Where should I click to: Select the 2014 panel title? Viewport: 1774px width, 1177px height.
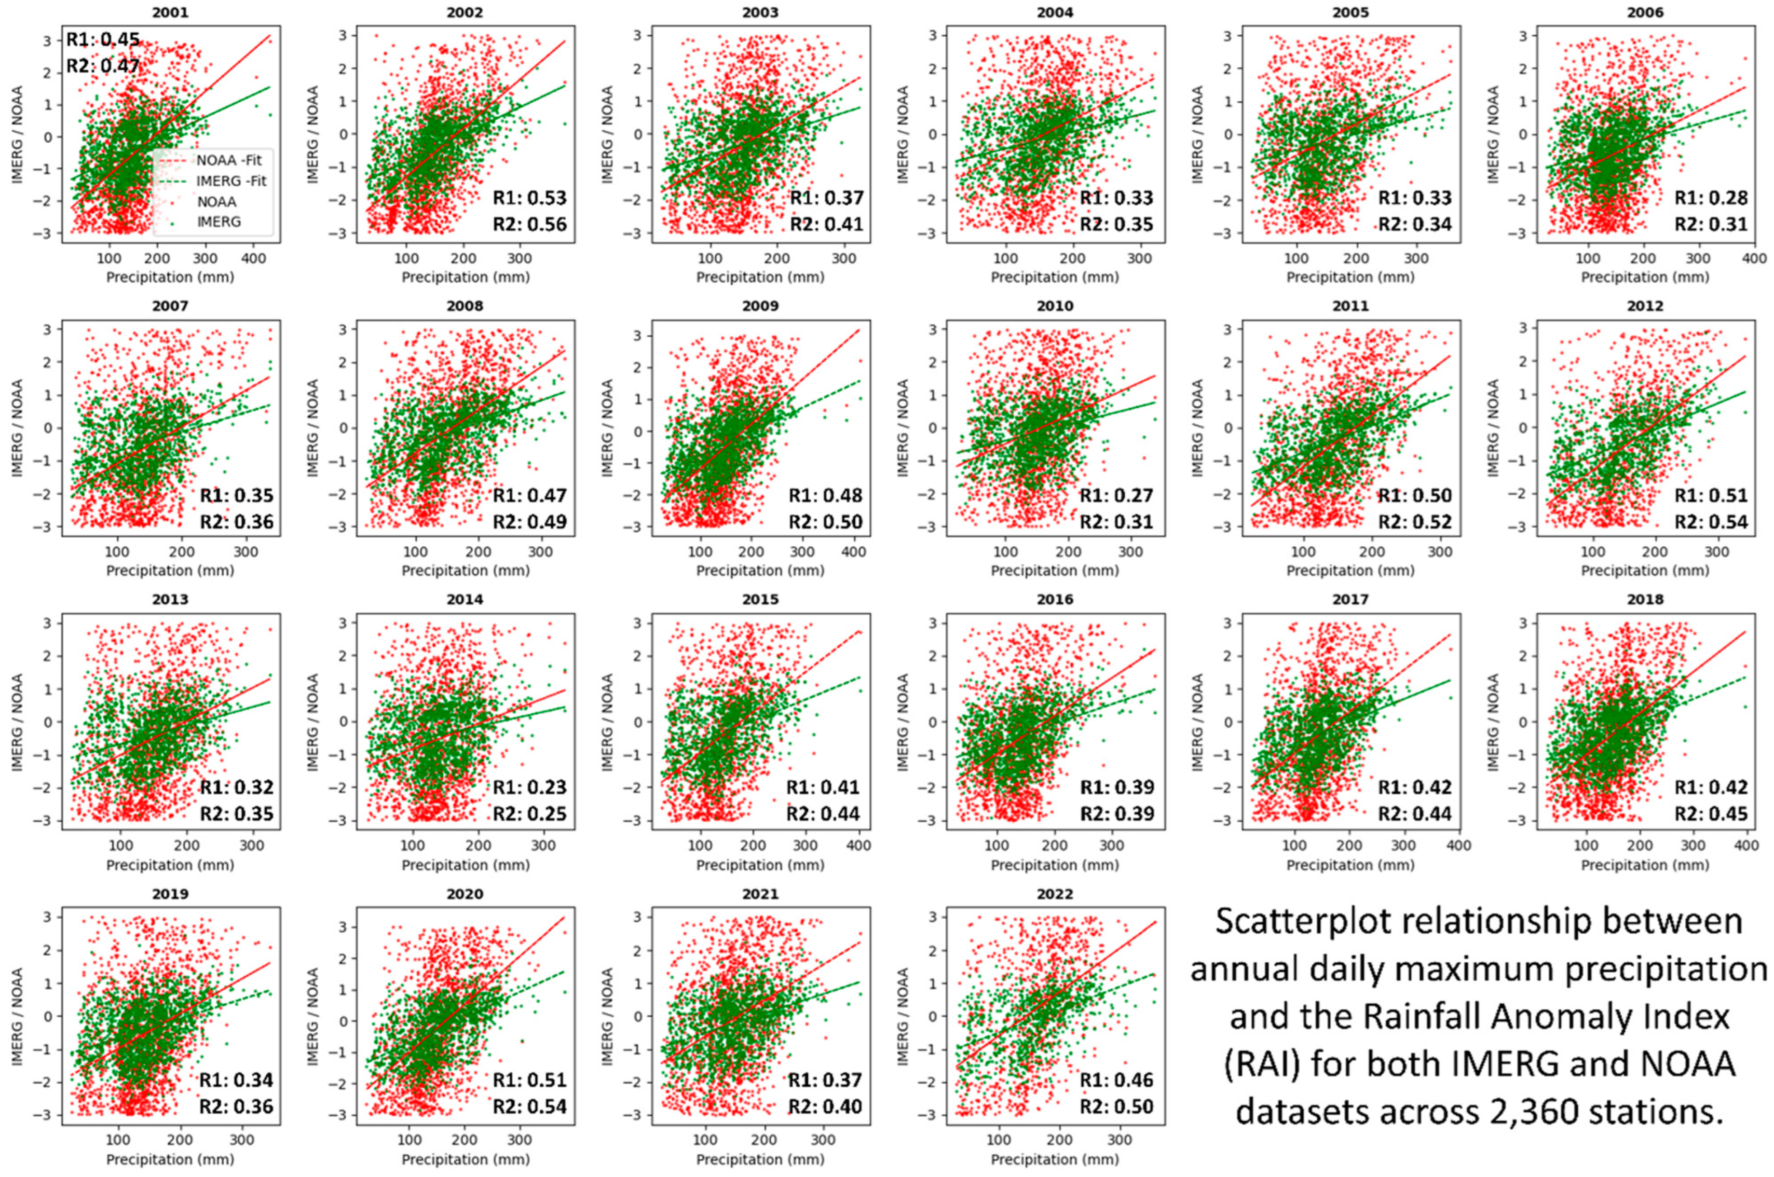click(465, 599)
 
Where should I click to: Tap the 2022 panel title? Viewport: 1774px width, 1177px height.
click(1055, 894)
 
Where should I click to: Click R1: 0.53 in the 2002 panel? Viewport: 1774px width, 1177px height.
click(529, 198)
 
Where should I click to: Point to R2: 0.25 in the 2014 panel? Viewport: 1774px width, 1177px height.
click(529, 814)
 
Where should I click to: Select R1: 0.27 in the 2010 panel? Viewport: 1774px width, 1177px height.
click(1117, 495)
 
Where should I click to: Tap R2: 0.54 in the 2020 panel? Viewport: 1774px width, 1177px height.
click(529, 1106)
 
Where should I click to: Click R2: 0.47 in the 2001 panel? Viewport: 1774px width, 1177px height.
click(103, 66)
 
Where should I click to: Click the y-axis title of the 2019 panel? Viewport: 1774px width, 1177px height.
click(17, 1016)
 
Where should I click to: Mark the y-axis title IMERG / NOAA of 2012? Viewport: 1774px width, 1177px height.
click(1493, 428)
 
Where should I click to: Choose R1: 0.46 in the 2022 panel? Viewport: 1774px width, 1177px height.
click(1117, 1080)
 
